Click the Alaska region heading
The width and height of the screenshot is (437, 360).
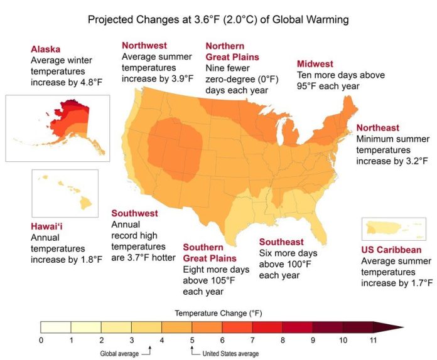[46, 49]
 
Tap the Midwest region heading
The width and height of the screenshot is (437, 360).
[315, 64]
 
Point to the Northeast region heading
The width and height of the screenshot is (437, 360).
[377, 127]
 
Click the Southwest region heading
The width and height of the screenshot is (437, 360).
[134, 213]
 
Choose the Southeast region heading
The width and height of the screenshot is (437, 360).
[281, 242]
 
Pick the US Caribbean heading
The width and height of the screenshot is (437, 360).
[391, 250]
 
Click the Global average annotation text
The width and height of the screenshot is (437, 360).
[121, 354]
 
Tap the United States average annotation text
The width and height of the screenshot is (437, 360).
[230, 354]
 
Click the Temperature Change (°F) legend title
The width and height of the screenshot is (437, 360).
[208, 312]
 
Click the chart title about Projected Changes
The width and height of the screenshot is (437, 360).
[218, 20]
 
